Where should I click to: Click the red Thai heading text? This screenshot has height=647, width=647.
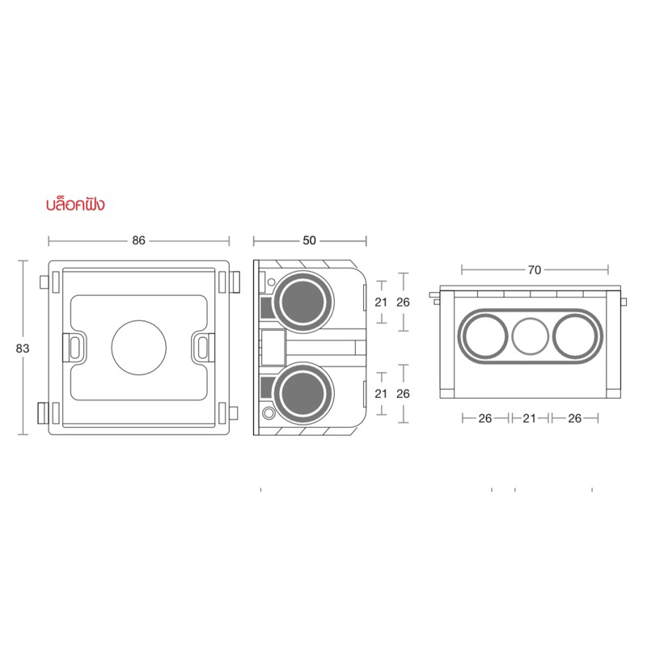pos(75,205)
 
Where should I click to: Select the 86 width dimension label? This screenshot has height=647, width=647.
pos(138,240)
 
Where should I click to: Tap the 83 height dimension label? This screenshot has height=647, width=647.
pos(23,349)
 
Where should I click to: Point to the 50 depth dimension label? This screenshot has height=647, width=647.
pos(310,240)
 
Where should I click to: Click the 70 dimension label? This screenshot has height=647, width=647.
pos(535,270)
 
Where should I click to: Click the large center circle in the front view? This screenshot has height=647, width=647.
pos(139,348)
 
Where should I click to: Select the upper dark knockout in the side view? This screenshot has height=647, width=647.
pos(302,302)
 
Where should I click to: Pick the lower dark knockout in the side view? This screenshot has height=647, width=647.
pos(302,393)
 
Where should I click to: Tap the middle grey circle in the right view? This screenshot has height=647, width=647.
pos(531,336)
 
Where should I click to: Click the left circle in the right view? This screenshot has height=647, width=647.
pos(484,336)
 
